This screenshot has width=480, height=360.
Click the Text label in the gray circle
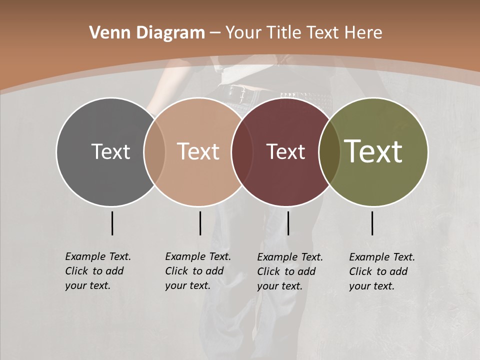(110, 151)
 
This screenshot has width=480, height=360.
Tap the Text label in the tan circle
(198, 151)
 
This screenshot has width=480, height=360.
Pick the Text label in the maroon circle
(285, 151)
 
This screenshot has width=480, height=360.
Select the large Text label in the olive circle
(373, 151)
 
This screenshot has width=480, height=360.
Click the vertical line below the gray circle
(112, 223)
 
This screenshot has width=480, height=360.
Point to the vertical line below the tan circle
(200, 223)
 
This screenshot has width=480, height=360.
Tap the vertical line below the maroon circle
(288, 223)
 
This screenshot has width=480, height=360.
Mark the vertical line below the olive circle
(372, 223)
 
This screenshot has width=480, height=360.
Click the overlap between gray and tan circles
(154, 152)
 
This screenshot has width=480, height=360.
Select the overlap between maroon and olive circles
(327, 152)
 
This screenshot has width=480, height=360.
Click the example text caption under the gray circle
(97, 271)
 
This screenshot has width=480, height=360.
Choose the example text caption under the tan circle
(197, 271)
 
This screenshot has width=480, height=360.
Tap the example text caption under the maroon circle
(289, 271)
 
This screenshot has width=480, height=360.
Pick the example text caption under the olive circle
(381, 271)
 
